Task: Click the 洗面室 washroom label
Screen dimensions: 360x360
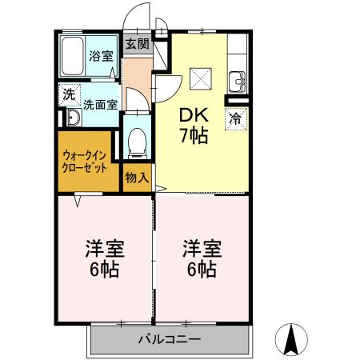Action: [101, 103]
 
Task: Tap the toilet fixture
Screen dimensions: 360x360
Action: [138, 141]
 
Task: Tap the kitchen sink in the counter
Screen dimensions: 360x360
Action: [237, 81]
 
